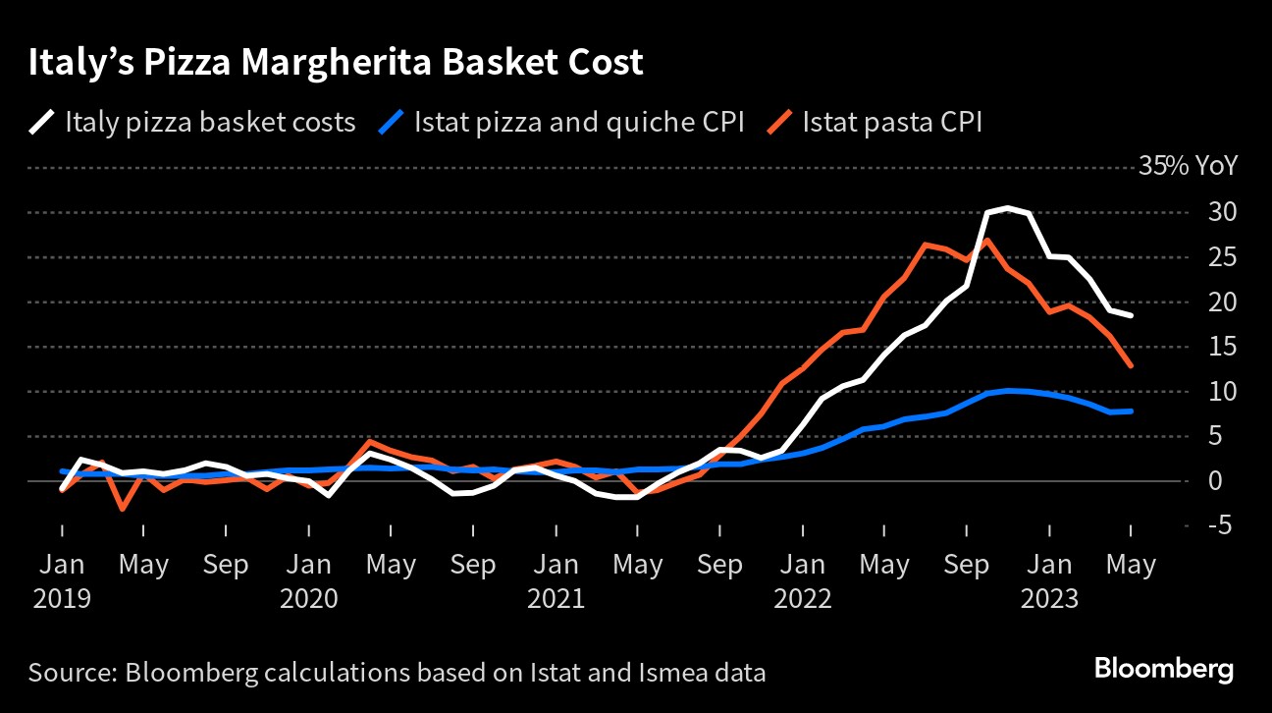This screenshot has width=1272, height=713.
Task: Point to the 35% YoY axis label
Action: (x=1188, y=166)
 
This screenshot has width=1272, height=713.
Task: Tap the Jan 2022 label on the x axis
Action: (x=803, y=581)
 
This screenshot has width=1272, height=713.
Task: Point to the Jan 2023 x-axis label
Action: (x=1049, y=581)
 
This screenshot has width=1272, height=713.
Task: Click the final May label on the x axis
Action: (x=1131, y=566)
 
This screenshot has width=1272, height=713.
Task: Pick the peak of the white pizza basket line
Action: (x=1008, y=207)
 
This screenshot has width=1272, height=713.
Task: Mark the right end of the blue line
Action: (x=1132, y=411)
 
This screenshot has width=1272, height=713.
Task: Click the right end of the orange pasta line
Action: (x=1132, y=365)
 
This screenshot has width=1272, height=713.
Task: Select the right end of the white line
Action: (x=1132, y=315)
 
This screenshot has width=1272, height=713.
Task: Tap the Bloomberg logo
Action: (x=1164, y=670)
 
